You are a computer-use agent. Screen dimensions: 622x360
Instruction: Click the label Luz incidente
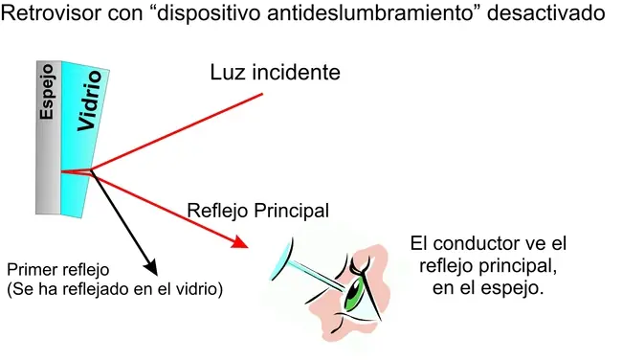276,74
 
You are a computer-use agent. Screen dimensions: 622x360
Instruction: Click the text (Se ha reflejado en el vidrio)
114,287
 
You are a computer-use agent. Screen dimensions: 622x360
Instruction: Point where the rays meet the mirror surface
62,172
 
